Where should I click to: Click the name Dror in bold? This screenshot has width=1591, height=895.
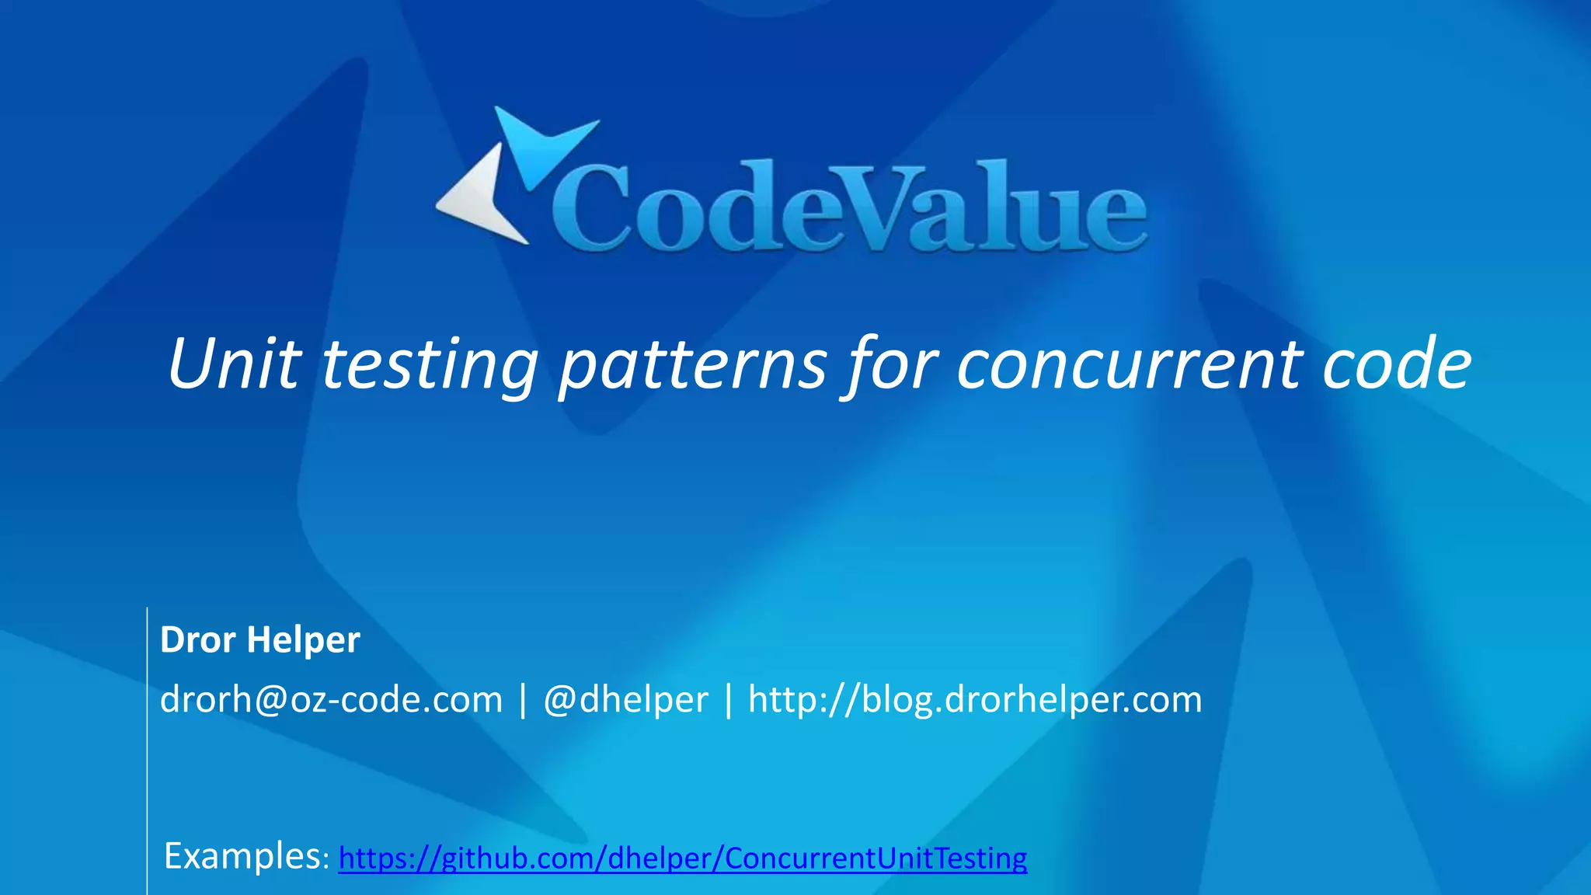point(197,640)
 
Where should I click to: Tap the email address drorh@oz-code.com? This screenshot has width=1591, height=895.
point(331,699)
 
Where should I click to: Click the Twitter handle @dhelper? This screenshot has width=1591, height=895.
point(625,699)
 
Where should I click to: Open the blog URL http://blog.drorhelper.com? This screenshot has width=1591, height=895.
point(975,699)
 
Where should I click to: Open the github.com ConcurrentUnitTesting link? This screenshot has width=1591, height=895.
point(682,858)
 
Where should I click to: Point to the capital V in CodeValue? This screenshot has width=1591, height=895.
point(878,206)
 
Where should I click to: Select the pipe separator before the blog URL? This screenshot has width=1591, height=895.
point(728,699)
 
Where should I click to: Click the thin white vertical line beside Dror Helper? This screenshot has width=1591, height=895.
point(147,746)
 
